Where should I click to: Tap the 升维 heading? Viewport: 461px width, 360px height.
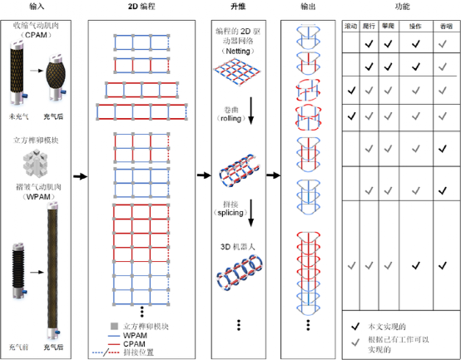(x=237, y=7)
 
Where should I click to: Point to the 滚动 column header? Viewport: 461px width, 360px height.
(x=352, y=27)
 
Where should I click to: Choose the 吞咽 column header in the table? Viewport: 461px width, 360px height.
(x=446, y=27)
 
